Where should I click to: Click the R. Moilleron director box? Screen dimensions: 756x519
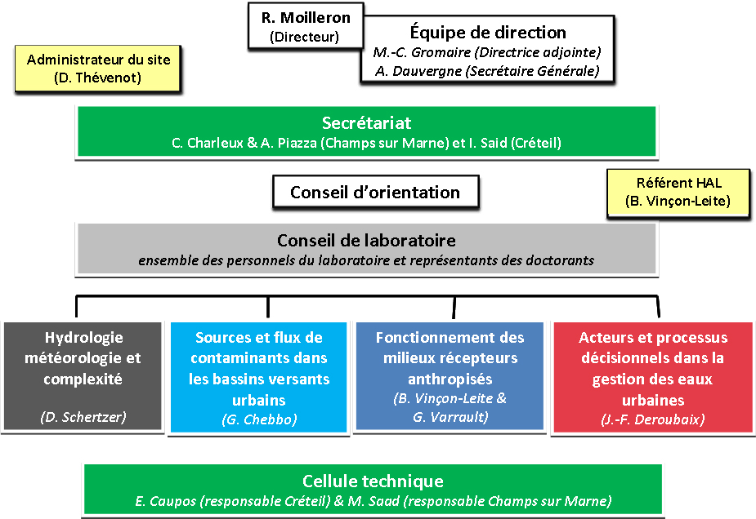coord(306,26)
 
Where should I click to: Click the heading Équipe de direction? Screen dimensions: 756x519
coord(488,33)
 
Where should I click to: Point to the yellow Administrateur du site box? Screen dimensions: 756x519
coord(98,69)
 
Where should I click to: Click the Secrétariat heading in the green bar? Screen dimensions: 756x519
coord(366,122)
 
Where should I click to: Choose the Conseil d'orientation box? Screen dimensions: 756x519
coord(376,192)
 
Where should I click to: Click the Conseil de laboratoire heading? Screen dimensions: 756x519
coord(366,240)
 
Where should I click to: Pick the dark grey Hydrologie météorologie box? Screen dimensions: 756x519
coord(83,376)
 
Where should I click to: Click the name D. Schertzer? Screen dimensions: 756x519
coord(83,417)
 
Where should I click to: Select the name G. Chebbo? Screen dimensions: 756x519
coord(259,419)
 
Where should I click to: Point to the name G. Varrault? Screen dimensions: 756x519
coord(450,417)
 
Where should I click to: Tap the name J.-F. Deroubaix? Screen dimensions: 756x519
coord(653,419)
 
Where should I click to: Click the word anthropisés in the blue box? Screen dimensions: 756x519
coord(450,379)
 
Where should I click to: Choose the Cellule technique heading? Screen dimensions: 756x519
coord(374,481)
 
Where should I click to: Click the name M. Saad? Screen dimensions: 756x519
coord(374,501)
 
